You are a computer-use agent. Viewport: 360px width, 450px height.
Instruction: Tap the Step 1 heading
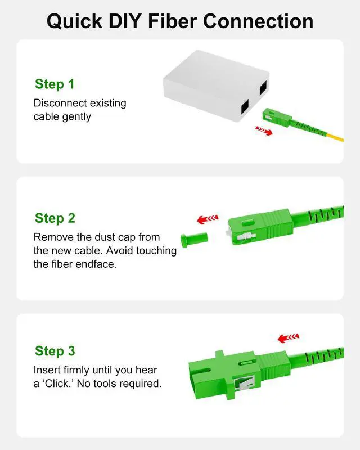click(x=55, y=84)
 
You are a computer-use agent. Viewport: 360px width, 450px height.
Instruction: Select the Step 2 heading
click(x=55, y=218)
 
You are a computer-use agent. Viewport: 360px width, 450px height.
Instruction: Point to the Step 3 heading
click(x=55, y=351)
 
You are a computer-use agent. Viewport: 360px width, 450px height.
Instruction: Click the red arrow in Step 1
click(x=264, y=130)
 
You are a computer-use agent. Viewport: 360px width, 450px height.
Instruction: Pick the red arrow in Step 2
click(x=208, y=219)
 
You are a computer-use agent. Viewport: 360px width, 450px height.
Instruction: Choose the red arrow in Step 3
click(x=289, y=338)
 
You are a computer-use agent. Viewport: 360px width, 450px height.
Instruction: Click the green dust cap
click(x=193, y=240)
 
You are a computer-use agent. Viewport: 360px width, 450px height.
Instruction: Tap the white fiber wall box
click(x=215, y=85)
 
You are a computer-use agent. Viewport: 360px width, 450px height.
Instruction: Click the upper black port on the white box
click(x=263, y=88)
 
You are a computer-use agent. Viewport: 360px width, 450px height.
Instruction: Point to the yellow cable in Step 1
click(x=335, y=137)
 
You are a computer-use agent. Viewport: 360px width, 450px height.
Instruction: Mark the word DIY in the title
click(x=125, y=21)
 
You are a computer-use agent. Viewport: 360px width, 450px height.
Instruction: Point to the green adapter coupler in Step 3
click(x=225, y=374)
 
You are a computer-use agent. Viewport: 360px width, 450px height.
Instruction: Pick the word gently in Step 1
click(x=76, y=117)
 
